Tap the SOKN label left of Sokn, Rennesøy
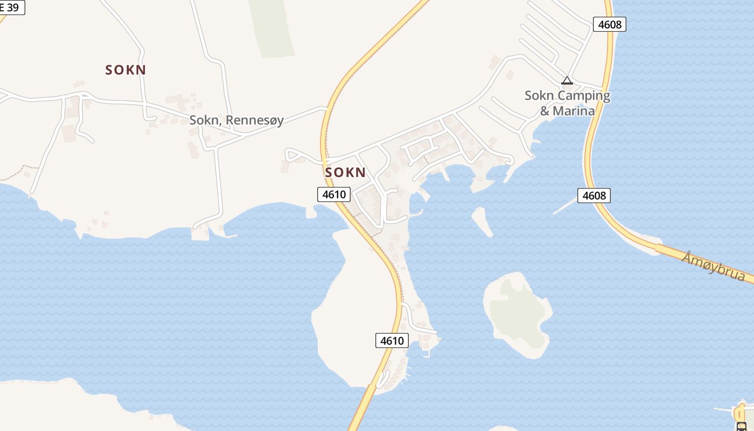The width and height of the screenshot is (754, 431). point(125,70)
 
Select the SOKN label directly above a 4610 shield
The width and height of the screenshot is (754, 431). point(345,172)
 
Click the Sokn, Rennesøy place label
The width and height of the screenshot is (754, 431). point(236,120)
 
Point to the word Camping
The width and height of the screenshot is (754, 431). point(584,96)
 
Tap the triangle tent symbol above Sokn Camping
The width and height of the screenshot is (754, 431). point(567,81)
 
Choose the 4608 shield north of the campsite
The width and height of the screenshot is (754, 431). point(610,24)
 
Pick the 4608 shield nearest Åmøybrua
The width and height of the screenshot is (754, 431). point(594,196)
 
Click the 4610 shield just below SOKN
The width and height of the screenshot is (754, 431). point(334,194)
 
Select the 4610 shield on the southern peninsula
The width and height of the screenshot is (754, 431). point(392,340)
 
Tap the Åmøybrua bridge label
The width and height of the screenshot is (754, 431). point(713,267)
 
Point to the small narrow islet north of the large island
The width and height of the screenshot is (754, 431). point(482,221)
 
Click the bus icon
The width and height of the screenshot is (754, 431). point(742,426)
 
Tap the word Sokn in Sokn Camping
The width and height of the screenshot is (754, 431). point(539,96)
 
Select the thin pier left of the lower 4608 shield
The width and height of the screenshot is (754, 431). point(565,206)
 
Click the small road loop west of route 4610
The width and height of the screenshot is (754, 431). point(294,156)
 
